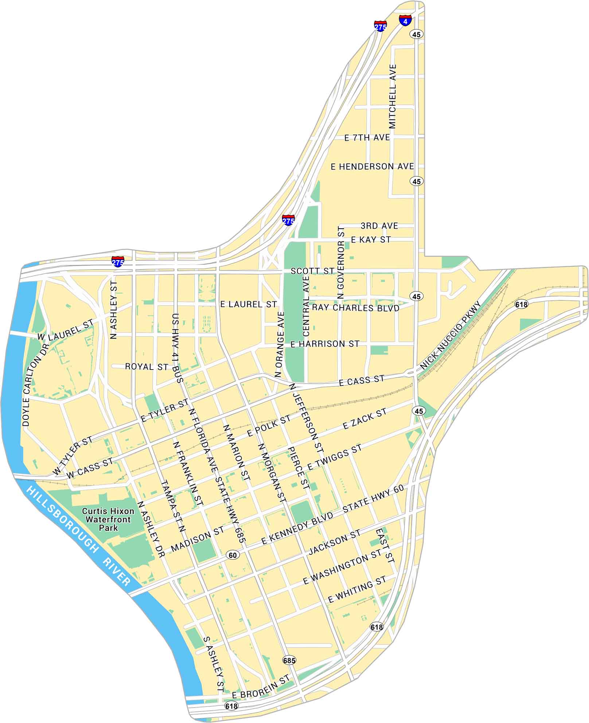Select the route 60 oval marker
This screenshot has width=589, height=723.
click(x=233, y=555)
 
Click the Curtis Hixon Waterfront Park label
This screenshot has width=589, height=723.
click(x=108, y=519)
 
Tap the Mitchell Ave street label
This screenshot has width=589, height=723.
click(x=392, y=97)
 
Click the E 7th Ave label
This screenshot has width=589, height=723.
click(x=367, y=138)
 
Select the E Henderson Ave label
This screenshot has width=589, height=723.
click(x=372, y=167)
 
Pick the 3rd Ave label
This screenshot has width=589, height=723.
click(x=379, y=226)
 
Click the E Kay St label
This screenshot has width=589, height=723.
click(x=371, y=240)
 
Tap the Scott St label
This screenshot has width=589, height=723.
click(x=312, y=271)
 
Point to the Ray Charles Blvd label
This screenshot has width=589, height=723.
click(x=356, y=308)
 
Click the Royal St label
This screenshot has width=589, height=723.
click(x=147, y=367)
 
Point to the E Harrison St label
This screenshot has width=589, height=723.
click(x=325, y=344)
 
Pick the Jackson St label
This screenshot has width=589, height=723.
click(x=335, y=543)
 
